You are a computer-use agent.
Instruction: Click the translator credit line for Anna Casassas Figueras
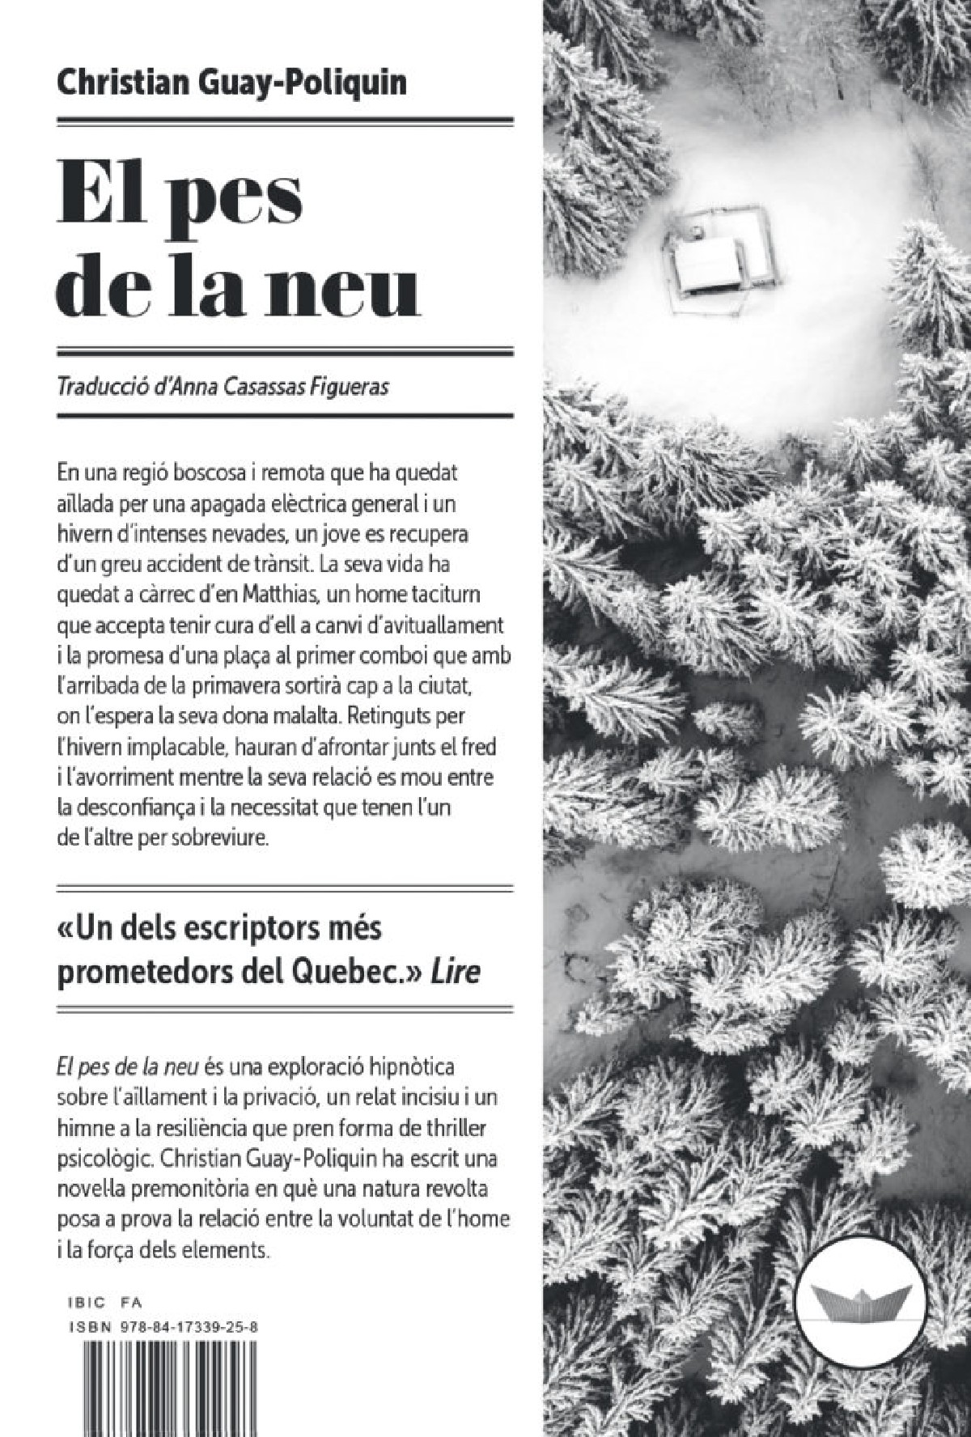pyautogui.click(x=221, y=388)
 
